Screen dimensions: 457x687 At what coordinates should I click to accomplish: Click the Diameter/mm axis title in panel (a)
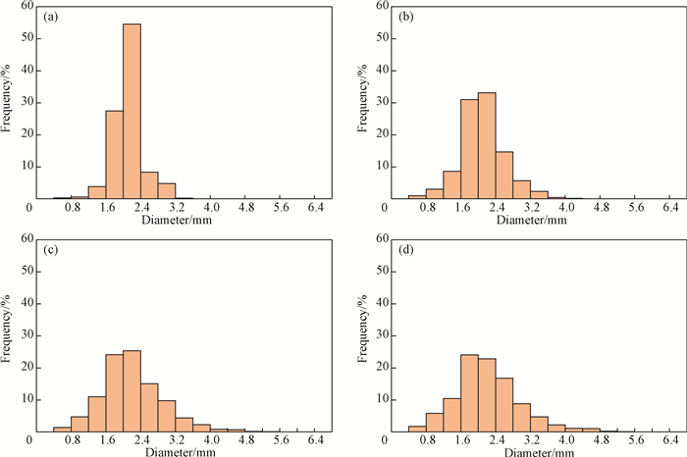tap(175, 221)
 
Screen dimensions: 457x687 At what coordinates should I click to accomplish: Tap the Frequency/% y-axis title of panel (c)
tap(9, 333)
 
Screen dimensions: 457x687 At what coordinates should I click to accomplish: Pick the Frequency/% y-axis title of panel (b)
tap(362, 101)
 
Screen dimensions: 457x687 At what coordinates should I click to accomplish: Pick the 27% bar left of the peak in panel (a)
tap(114, 154)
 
